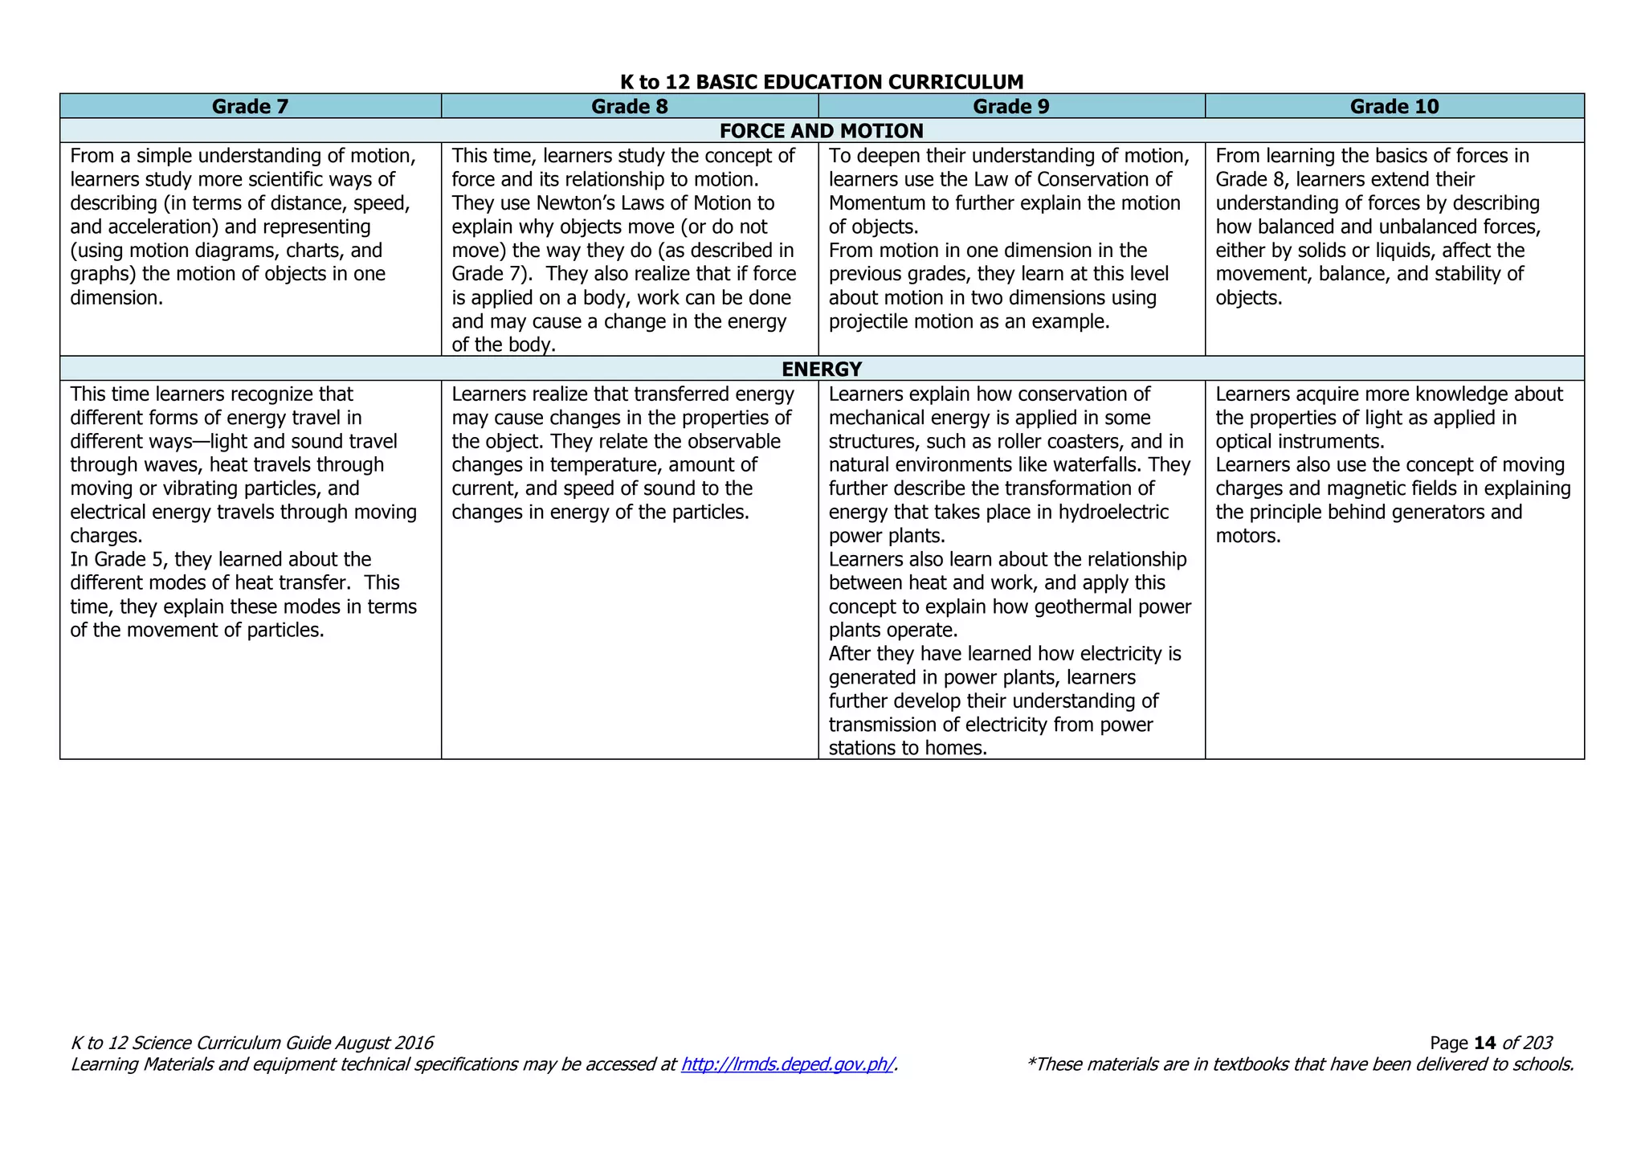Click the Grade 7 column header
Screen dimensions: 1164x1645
(x=250, y=106)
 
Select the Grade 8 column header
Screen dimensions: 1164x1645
(x=630, y=106)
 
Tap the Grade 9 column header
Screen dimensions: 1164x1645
(x=1011, y=106)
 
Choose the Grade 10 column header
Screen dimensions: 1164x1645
(x=1394, y=106)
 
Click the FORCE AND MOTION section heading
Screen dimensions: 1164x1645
(x=822, y=130)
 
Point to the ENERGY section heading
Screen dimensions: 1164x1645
(x=822, y=369)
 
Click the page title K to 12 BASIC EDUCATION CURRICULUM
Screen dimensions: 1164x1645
(x=822, y=82)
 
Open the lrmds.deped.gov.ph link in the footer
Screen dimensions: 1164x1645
(x=787, y=1064)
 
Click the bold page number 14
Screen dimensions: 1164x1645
(x=1485, y=1043)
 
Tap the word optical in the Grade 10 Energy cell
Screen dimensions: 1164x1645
(x=1247, y=442)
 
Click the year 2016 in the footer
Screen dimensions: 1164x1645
(x=412, y=1043)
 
